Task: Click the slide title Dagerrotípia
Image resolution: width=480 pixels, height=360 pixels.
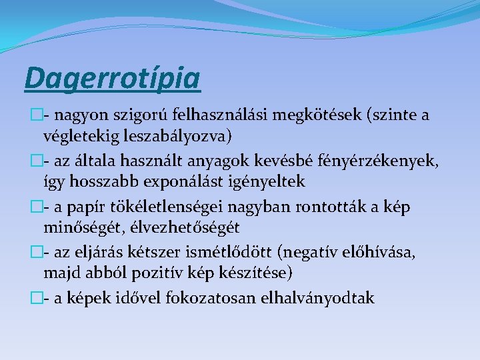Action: pyautogui.click(x=112, y=77)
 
